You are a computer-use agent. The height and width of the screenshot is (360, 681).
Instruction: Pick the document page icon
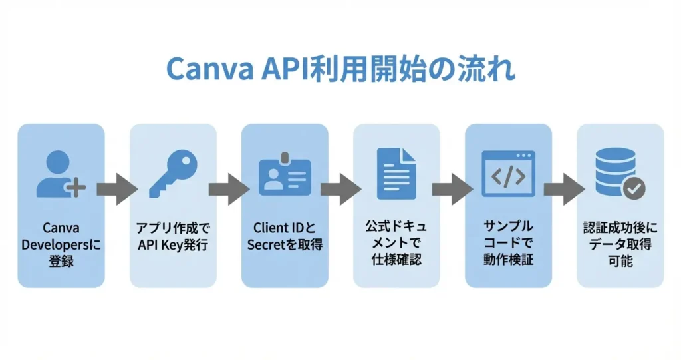click(396, 174)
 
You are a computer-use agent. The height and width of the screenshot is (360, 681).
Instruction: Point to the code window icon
click(508, 174)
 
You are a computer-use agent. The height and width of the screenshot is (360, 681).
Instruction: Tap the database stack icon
click(616, 172)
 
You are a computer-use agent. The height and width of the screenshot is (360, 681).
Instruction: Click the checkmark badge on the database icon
click(633, 189)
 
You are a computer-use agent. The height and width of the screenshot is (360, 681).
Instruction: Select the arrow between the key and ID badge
click(229, 190)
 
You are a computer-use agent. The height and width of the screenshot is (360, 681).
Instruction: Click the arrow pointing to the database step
click(564, 190)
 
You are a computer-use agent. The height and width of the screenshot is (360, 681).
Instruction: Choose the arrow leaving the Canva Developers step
click(117, 190)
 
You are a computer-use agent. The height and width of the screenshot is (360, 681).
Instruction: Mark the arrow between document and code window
click(452, 190)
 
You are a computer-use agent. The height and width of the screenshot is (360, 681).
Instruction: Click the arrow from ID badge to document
click(340, 190)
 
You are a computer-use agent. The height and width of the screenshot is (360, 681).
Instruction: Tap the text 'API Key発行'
click(173, 245)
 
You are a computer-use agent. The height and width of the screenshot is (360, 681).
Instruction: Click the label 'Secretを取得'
click(285, 245)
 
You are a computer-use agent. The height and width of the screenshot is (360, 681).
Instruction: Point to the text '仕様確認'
click(396, 260)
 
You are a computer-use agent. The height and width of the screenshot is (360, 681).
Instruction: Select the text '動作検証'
click(508, 260)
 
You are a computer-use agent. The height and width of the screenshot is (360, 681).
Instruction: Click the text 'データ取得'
click(620, 245)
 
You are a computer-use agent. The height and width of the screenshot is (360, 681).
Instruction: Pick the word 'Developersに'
click(61, 245)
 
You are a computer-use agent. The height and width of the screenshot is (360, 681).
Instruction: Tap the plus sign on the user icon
click(77, 188)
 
